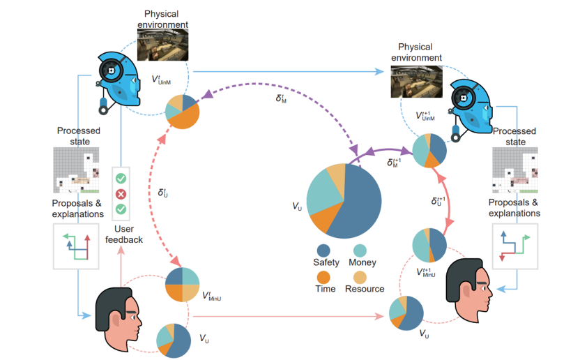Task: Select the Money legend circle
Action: [x=360, y=250]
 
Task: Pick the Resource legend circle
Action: [x=360, y=276]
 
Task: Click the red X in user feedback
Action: [x=120, y=194]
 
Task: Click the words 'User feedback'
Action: [x=124, y=235]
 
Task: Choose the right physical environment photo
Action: [x=416, y=81]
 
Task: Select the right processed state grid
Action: [x=517, y=169]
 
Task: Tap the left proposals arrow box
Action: [x=77, y=246]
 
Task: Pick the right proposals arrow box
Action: [x=517, y=246]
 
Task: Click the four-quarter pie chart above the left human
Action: [x=183, y=285]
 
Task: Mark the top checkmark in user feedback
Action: [x=120, y=179]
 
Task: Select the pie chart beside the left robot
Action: [x=182, y=111]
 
